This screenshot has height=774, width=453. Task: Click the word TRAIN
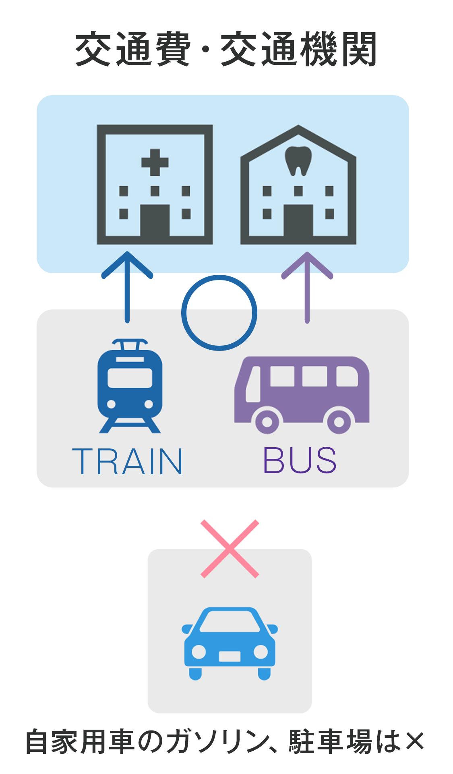pos(127,461)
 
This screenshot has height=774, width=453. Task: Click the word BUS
pos(300,460)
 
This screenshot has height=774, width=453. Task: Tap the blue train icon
pos(130,387)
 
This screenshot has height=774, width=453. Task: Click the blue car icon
pos(230,643)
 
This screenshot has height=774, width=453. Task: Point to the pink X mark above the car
pos(230,549)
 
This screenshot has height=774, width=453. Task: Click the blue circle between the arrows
pos(219,313)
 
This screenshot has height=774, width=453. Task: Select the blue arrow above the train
pos(127,286)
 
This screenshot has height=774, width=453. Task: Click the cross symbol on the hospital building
pos(155,162)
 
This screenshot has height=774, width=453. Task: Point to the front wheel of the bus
pos(267,421)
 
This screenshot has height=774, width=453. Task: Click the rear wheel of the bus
pos(339,421)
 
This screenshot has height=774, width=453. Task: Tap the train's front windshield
pos(130,378)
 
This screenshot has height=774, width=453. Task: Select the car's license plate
pos(230,656)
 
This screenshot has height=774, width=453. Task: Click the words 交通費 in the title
pos(133,49)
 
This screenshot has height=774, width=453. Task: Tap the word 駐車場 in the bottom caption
pos(330,741)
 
